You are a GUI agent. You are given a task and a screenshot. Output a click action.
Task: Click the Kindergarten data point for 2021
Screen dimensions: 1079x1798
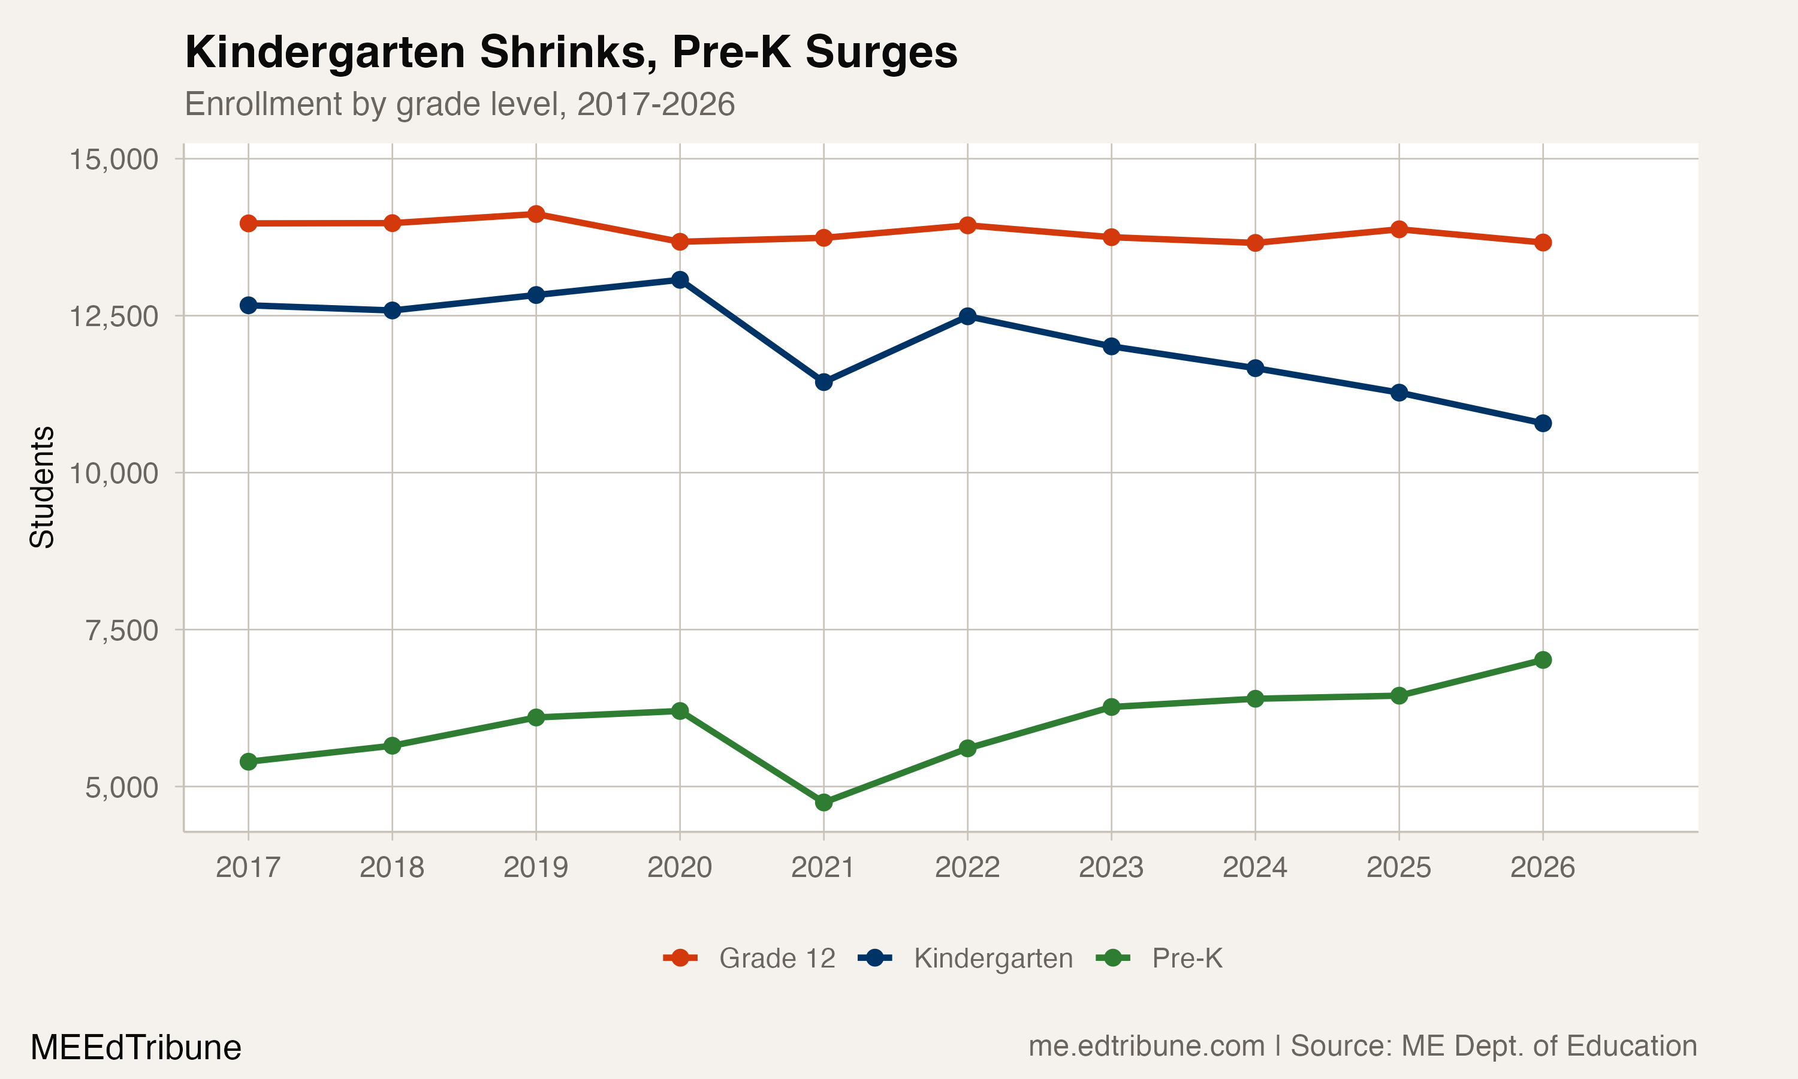click(823, 382)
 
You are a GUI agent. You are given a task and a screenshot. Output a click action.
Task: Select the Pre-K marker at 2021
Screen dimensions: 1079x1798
click(823, 803)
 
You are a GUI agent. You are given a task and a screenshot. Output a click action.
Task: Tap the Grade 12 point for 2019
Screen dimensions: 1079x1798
click(536, 214)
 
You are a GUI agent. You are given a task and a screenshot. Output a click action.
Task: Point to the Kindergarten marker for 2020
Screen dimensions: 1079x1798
click(680, 280)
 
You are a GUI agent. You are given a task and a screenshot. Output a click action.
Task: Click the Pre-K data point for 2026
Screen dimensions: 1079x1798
click(1543, 660)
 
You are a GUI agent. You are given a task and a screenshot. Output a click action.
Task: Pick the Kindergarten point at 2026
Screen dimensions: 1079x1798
click(1543, 423)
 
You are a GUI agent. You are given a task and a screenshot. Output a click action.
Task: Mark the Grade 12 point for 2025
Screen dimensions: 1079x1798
click(1399, 230)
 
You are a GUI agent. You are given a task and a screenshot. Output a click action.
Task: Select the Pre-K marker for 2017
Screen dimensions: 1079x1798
click(249, 762)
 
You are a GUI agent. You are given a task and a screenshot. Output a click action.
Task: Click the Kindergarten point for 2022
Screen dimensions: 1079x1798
click(967, 317)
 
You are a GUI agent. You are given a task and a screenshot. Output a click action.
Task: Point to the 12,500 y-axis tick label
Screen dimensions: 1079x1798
click(113, 317)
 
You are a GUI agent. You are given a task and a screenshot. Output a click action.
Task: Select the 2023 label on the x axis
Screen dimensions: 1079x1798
click(1111, 867)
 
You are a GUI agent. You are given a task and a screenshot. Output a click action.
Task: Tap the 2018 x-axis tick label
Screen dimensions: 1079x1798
click(392, 867)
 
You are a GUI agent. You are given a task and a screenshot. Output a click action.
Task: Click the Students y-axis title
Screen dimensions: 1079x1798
click(42, 487)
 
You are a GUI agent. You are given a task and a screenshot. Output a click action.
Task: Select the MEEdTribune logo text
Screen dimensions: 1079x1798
click(136, 1048)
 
